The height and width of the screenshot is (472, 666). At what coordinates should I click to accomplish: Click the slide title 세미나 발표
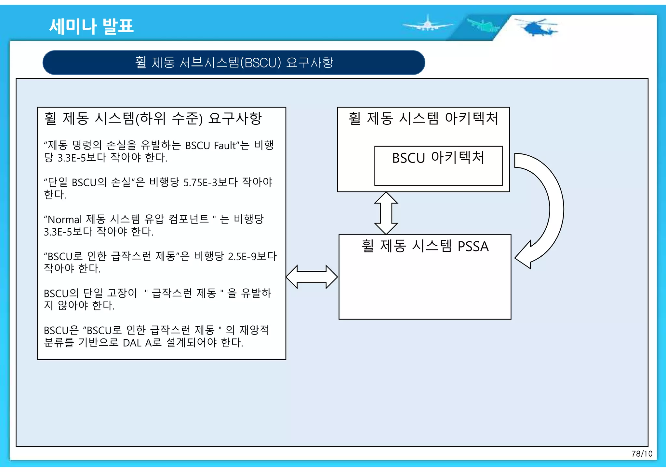(x=91, y=26)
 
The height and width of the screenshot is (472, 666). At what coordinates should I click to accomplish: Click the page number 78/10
(x=642, y=454)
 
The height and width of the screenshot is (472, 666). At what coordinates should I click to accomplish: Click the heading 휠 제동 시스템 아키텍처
(x=423, y=118)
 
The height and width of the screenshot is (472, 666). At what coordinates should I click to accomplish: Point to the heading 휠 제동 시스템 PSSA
(x=425, y=246)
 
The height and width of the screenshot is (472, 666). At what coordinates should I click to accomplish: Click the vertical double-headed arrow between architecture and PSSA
(x=386, y=213)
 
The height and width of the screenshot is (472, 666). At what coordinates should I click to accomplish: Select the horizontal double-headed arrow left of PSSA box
(x=312, y=277)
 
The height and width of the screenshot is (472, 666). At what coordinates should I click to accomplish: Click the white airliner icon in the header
(x=427, y=24)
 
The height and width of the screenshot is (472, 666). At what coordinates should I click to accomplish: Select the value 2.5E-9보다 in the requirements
(x=252, y=256)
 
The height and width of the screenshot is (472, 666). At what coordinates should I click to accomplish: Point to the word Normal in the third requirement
(x=65, y=220)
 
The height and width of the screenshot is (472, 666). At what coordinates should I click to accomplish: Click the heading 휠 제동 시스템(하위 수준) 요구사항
(x=153, y=118)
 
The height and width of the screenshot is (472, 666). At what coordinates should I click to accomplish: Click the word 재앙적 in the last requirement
(x=254, y=330)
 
